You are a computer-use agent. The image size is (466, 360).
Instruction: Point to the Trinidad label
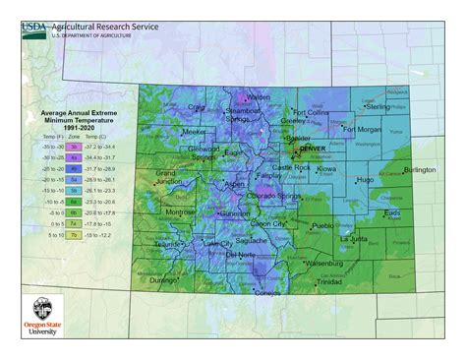[330, 281]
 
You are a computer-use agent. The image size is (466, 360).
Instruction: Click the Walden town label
[258, 97]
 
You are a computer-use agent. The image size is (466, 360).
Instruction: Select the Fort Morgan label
[362, 129]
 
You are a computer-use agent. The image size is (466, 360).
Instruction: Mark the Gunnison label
[236, 212]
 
